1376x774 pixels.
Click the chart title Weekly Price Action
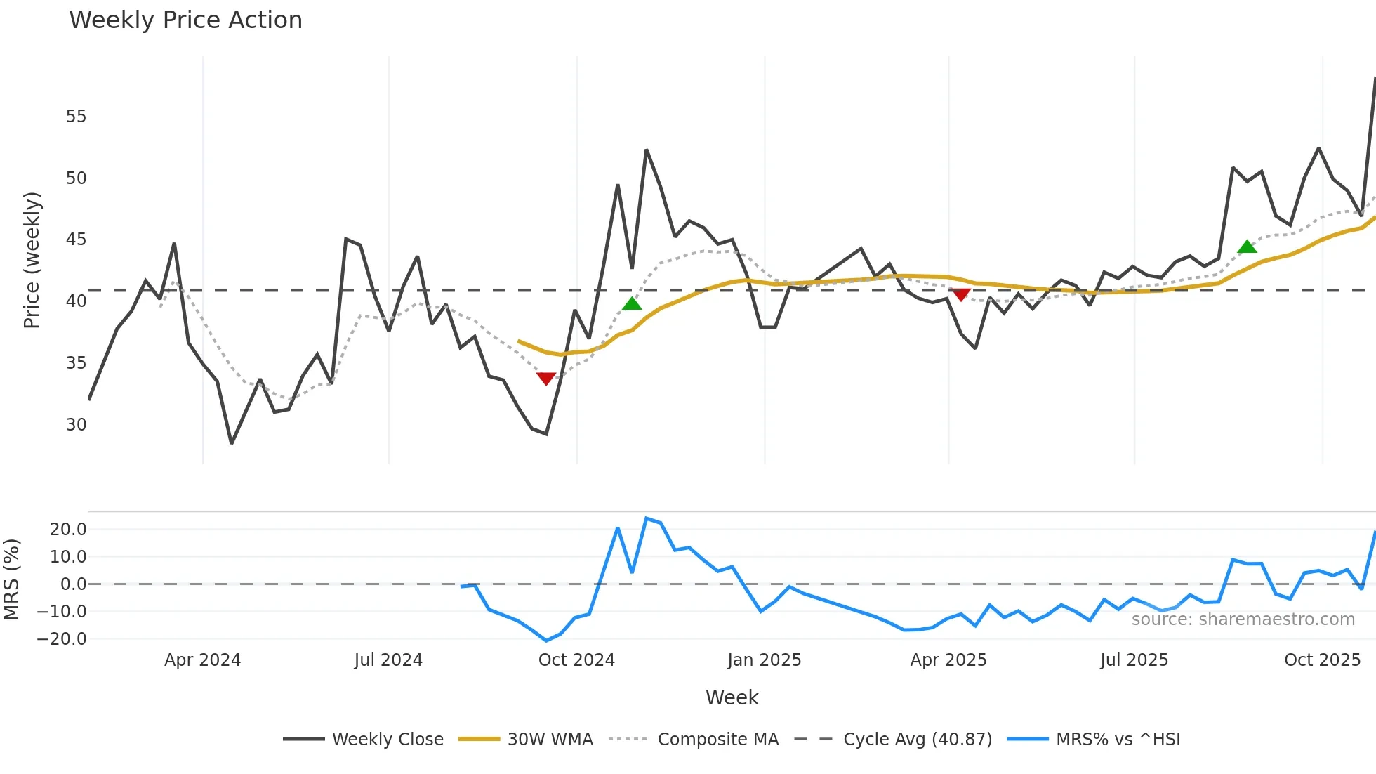click(x=185, y=20)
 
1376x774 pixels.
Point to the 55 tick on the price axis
click(x=76, y=117)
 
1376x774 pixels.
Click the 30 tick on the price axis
click(x=76, y=425)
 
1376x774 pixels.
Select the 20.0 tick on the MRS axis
click(x=68, y=530)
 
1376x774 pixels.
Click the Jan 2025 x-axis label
click(x=764, y=660)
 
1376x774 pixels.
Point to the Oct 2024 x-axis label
click(x=576, y=660)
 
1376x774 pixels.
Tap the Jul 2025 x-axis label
click(x=1134, y=660)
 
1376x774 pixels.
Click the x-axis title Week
click(x=732, y=697)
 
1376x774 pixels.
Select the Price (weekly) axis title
click(x=32, y=260)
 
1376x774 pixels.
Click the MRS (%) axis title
click(x=11, y=579)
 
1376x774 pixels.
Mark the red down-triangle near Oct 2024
click(x=545, y=379)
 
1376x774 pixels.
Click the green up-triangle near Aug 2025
click(x=1247, y=247)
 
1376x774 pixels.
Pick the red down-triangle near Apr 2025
click(x=960, y=294)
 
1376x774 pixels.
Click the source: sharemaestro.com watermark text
click(x=1243, y=619)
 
